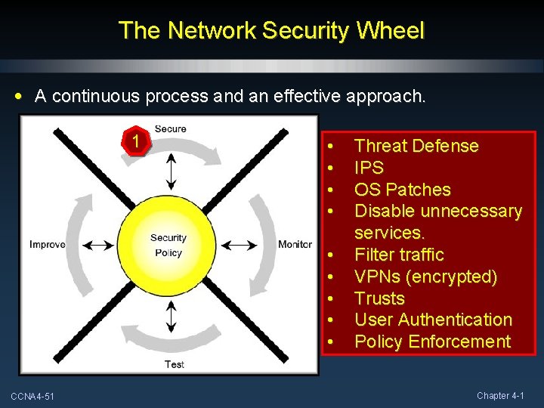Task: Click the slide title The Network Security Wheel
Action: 272,30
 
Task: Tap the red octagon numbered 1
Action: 134,141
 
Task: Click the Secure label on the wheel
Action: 171,129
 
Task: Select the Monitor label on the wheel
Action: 295,244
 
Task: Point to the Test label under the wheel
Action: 175,365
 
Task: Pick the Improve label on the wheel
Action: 47,244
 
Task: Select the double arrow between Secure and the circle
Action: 172,171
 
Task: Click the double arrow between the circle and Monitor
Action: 251,245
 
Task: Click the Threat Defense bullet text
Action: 416,146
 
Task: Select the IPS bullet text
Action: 369,168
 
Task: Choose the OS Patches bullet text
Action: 402,190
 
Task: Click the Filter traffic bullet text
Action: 399,255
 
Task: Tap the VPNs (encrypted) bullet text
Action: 425,277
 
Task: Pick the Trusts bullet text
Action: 379,298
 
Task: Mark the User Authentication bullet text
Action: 433,320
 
